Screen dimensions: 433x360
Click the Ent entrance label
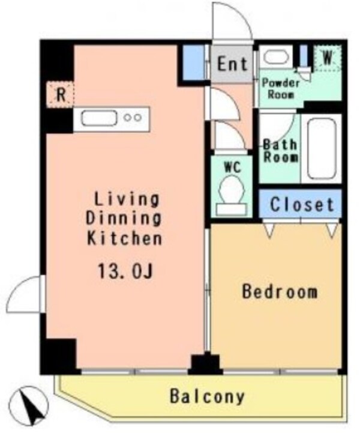232,64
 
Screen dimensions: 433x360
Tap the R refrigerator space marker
61,94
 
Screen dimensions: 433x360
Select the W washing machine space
327,58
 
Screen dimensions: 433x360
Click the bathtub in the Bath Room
319,148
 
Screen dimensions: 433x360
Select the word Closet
301,204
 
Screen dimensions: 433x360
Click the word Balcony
206,396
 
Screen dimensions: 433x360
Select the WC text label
232,167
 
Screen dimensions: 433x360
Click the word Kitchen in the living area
125,238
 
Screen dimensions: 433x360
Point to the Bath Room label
281,151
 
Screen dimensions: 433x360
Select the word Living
125,199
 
